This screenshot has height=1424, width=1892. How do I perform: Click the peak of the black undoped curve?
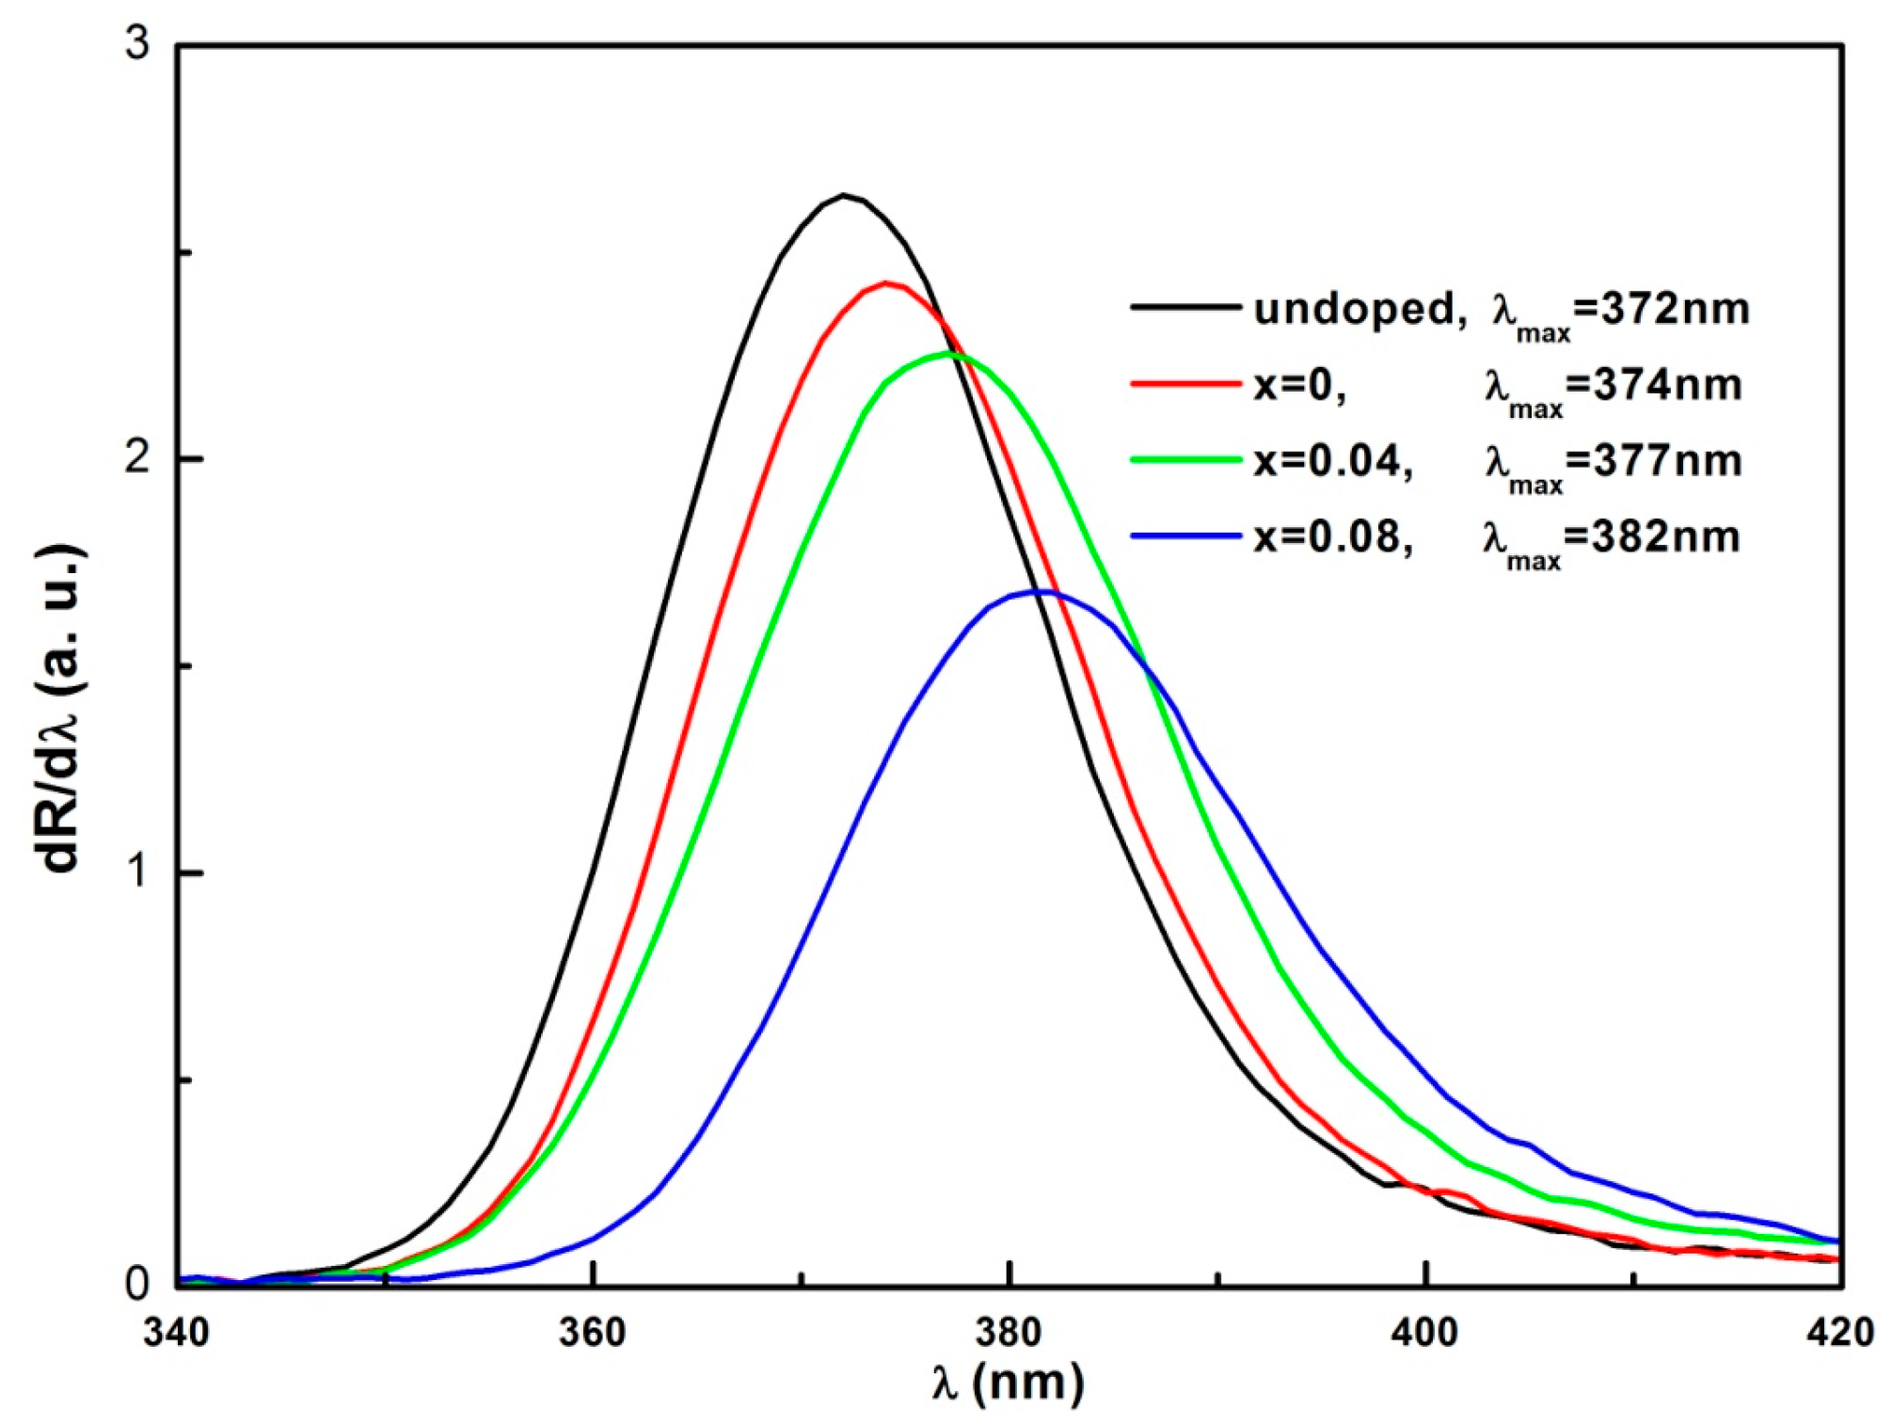(x=844, y=196)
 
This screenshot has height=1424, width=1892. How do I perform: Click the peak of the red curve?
(x=884, y=282)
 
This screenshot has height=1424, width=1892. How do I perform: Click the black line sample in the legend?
(x=1185, y=307)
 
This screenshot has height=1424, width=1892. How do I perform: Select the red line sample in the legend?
(x=1185, y=383)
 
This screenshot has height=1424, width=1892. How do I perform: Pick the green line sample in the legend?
(x=1185, y=459)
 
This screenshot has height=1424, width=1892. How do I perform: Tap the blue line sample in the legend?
(x=1185, y=536)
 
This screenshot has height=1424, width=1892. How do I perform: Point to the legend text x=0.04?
(x=1332, y=461)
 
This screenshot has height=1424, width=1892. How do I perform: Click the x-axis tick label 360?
(x=593, y=1333)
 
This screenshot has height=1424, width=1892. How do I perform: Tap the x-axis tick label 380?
(x=1010, y=1333)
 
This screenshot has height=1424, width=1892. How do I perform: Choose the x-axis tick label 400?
(x=1426, y=1333)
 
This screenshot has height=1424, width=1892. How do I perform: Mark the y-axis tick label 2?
(x=138, y=458)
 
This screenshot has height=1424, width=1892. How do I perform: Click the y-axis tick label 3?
(x=138, y=44)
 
